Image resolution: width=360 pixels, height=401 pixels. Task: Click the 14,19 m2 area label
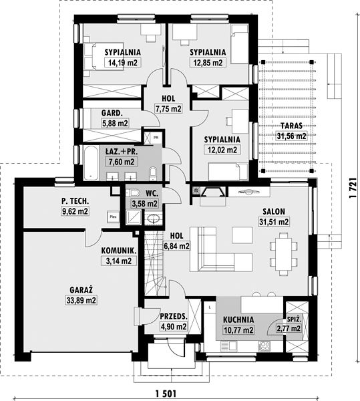click(x=123, y=63)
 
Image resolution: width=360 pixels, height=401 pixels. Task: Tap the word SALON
click(x=274, y=211)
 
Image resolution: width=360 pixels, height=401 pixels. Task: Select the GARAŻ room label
click(x=81, y=290)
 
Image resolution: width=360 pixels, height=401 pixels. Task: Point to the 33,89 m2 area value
click(x=81, y=300)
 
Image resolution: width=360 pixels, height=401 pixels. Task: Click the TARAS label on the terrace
click(x=291, y=126)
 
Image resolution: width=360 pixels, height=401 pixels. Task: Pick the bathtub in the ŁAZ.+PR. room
click(x=90, y=163)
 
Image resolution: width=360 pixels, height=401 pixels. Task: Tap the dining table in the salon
click(x=284, y=255)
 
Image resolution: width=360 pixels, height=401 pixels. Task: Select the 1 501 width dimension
click(x=166, y=394)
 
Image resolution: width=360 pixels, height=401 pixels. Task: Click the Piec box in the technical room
click(x=113, y=217)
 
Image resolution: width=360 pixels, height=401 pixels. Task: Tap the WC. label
click(x=152, y=193)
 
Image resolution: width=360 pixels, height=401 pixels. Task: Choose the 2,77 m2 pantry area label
click(x=289, y=328)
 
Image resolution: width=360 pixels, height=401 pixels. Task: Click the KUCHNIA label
click(x=238, y=319)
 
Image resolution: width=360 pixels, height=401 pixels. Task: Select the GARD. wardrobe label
click(x=112, y=113)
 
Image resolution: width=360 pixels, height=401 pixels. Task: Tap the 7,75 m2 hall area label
click(x=168, y=109)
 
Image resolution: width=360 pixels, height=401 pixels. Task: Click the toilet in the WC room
click(x=133, y=192)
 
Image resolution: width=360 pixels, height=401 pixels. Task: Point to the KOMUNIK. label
click(x=118, y=251)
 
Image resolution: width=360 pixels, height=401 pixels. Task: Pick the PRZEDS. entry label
click(x=174, y=316)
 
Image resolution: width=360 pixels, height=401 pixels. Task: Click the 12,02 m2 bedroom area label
click(x=222, y=150)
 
